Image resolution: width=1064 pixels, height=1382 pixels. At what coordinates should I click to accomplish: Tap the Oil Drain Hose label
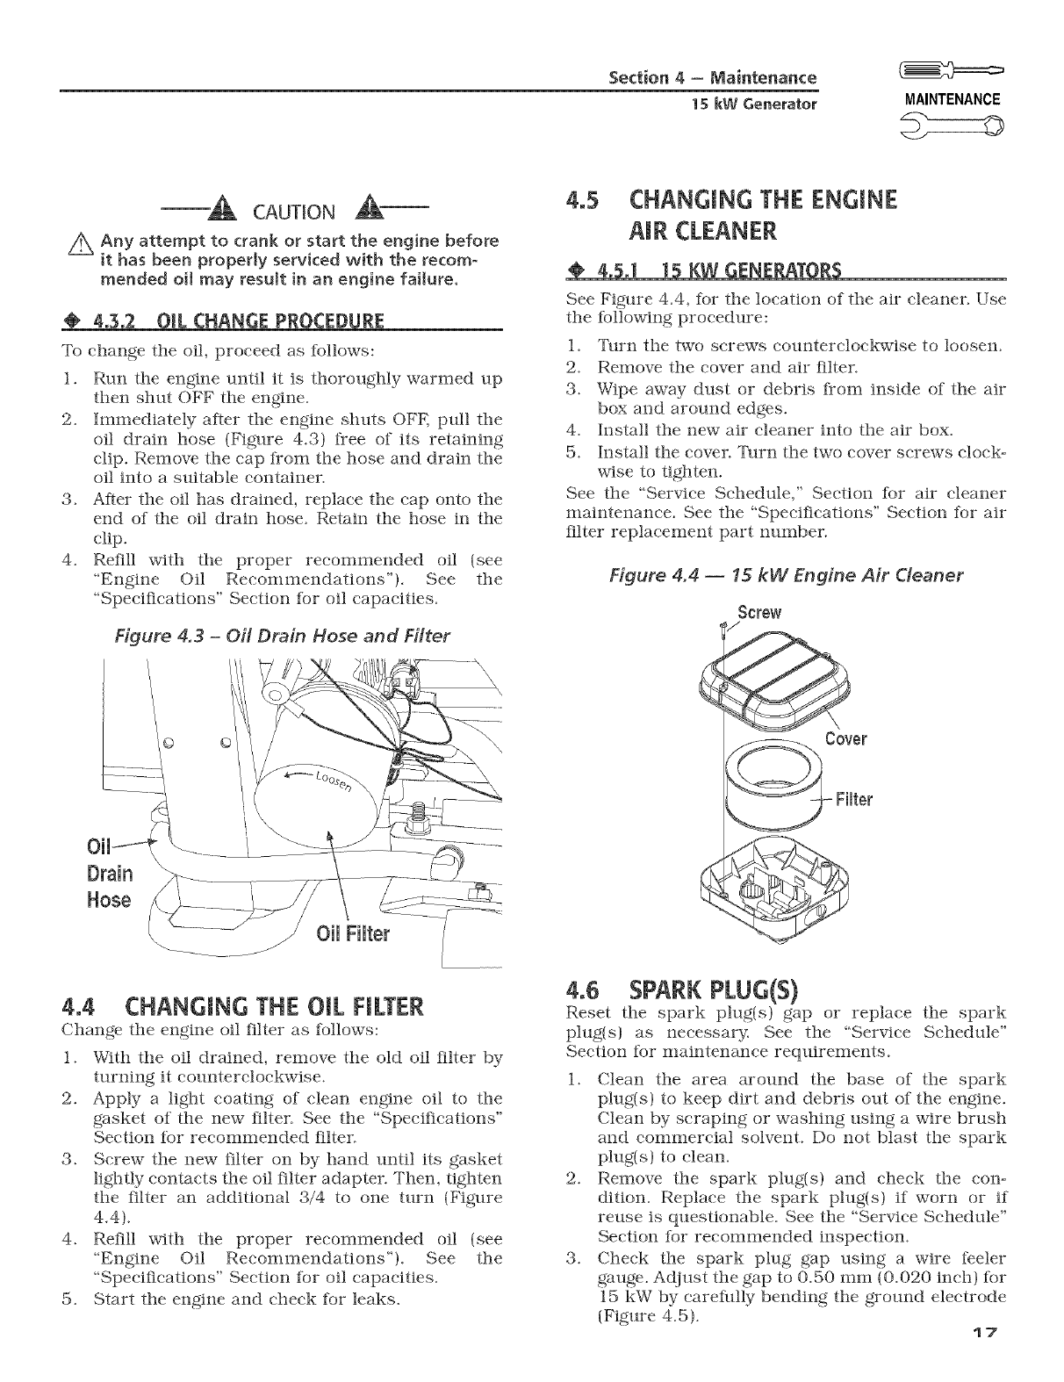coord(110,874)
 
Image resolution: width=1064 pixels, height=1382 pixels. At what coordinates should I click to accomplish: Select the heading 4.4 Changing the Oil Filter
coord(242,1004)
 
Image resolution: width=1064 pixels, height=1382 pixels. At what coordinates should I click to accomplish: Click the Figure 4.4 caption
coord(787,575)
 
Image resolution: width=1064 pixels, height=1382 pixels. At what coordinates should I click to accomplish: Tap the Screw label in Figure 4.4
coord(759,611)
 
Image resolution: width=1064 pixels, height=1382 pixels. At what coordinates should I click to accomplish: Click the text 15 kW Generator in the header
coord(754,104)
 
